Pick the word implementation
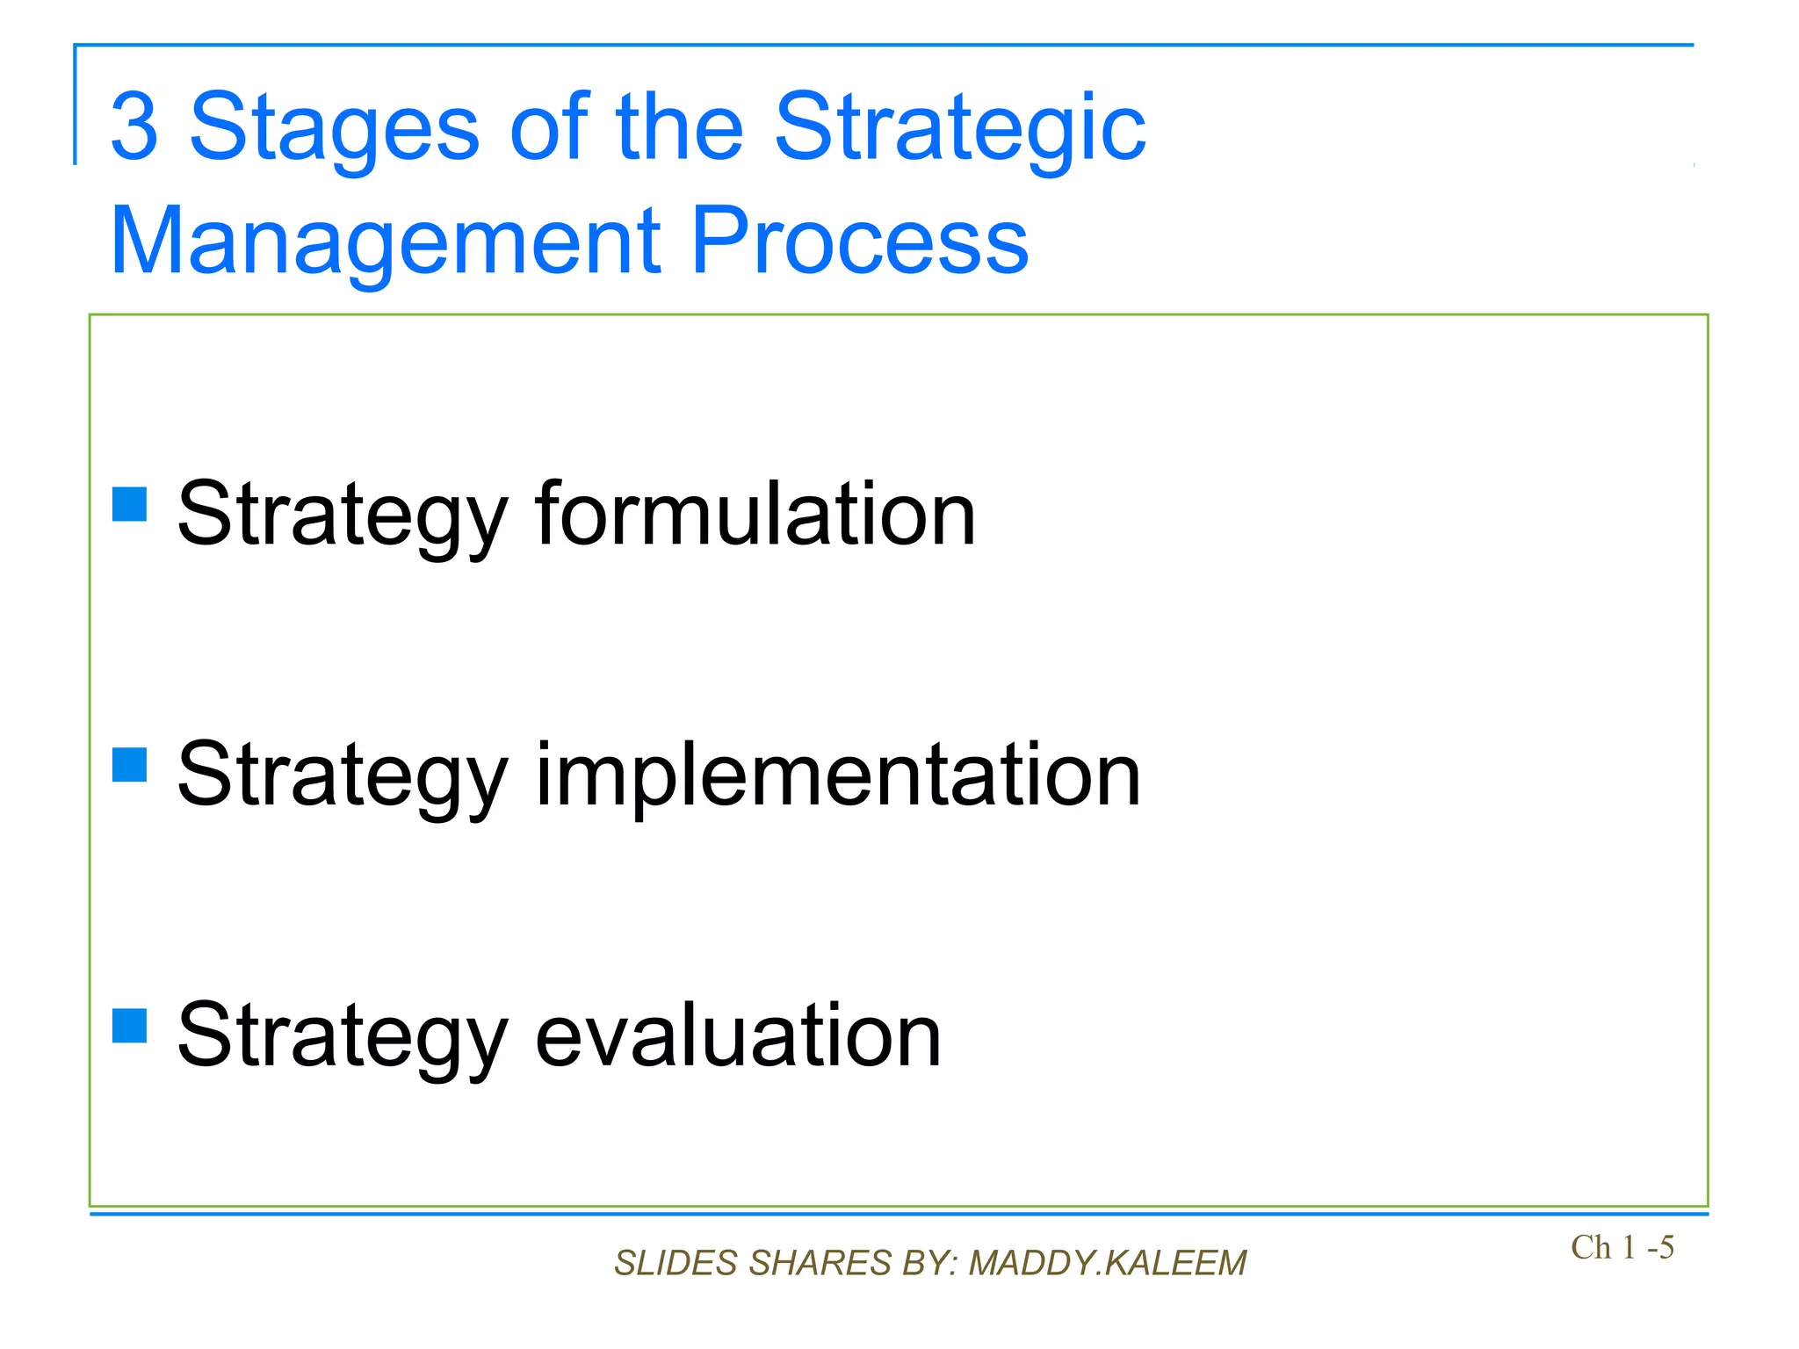(x=838, y=775)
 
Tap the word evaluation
(x=738, y=1035)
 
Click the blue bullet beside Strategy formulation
(x=129, y=505)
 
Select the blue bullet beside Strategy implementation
(x=129, y=765)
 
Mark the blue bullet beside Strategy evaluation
(x=129, y=1026)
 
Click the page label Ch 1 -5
(x=1622, y=1247)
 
